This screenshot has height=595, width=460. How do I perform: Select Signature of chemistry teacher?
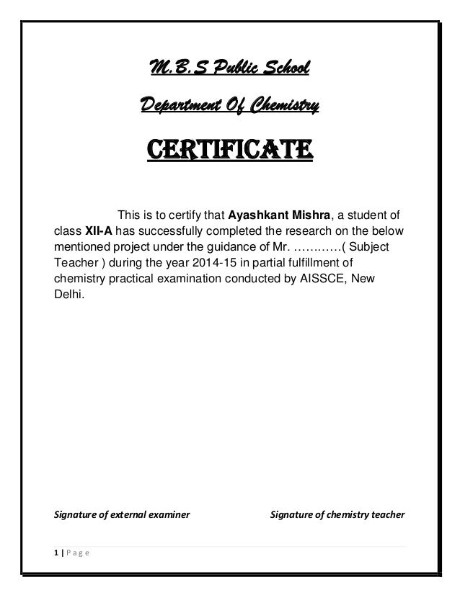[x=337, y=515]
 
